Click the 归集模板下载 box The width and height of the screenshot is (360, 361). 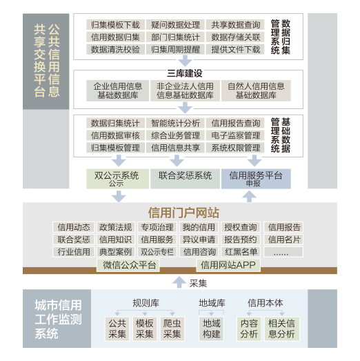115,25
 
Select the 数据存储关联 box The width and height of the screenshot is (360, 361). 235,37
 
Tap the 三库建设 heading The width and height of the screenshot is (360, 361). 185,73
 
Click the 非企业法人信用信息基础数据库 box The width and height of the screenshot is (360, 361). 185,90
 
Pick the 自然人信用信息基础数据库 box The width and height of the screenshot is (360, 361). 256,90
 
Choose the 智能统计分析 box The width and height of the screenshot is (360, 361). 175,123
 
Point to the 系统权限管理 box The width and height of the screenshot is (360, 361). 235,148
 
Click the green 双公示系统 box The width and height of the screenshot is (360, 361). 117,179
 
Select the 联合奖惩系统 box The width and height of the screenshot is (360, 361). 185,179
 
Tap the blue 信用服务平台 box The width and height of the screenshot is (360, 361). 256,179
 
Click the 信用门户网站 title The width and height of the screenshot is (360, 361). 183,213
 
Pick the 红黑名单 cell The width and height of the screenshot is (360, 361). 241,252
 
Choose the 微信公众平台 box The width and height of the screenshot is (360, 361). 128,265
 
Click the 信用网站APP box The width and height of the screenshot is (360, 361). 228,265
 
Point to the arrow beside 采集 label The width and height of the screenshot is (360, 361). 179,282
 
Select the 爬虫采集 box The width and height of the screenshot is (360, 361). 172,329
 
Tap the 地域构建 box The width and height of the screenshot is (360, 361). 212,329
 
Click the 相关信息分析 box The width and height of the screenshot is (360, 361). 282,329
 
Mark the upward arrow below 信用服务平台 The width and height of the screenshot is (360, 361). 250,197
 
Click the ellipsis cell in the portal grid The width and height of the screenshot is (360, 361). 283,252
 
